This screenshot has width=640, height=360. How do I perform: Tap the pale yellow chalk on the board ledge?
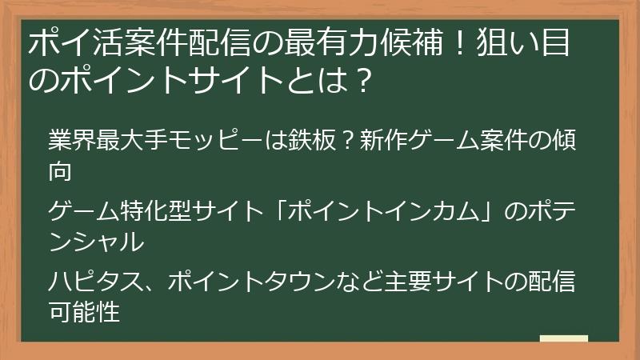click(564, 338)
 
